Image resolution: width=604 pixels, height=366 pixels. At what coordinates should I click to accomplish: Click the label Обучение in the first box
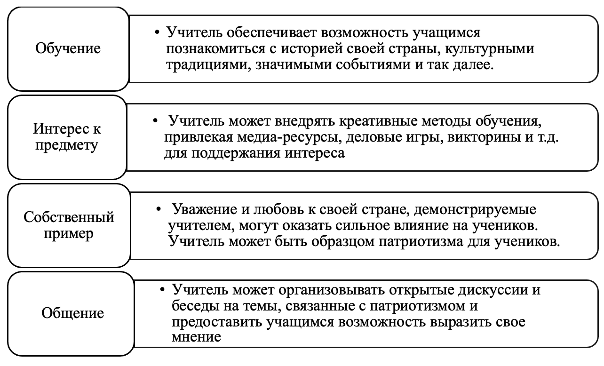[68, 49]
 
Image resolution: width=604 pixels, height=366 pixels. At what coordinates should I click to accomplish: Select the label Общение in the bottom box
[72, 313]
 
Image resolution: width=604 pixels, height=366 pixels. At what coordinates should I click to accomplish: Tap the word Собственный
[69, 217]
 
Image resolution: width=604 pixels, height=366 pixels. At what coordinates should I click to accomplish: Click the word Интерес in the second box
[61, 128]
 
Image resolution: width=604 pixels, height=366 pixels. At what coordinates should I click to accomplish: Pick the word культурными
[489, 49]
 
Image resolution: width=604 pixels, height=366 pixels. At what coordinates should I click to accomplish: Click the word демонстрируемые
[475, 209]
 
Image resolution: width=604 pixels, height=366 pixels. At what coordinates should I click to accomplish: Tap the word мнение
[196, 337]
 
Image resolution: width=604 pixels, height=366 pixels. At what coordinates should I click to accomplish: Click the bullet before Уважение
[159, 209]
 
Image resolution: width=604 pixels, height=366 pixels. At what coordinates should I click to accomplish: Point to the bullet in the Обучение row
[157, 32]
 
